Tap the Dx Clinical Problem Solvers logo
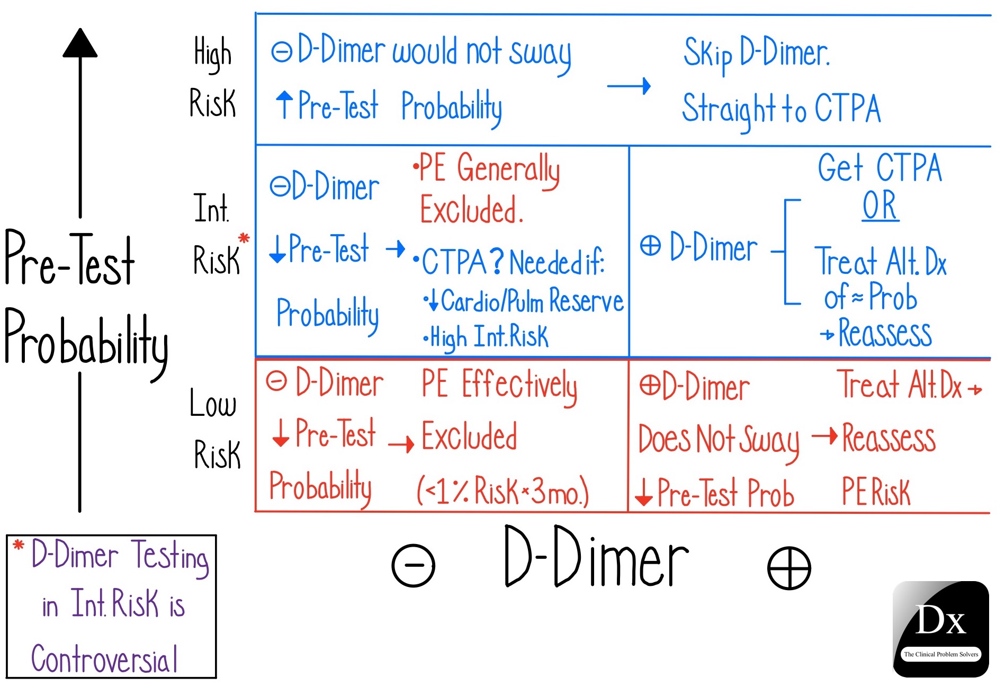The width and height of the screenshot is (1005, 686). [x=940, y=629]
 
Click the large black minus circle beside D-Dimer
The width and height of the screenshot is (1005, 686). [x=413, y=566]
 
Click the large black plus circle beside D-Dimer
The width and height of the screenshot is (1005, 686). [x=789, y=568]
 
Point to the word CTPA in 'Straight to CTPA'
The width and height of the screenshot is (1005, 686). [x=847, y=109]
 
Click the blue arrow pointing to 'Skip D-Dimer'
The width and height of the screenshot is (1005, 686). [x=629, y=86]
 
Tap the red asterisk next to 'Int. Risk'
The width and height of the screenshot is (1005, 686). [x=244, y=238]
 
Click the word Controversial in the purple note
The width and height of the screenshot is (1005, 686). [x=104, y=659]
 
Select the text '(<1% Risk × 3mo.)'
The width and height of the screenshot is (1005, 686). [x=502, y=491]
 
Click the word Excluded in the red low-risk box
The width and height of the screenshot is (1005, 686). [x=469, y=436]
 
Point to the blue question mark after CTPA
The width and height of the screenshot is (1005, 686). [x=497, y=261]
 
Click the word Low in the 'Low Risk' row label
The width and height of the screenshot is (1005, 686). [x=213, y=404]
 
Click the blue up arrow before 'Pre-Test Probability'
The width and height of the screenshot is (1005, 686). [x=284, y=104]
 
